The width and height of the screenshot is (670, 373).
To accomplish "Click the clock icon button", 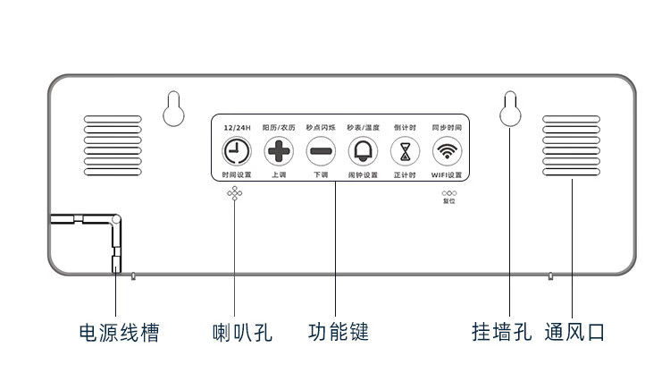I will [x=237, y=150].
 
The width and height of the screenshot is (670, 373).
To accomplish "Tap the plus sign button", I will [x=279, y=150].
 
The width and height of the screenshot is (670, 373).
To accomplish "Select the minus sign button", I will [x=321, y=150].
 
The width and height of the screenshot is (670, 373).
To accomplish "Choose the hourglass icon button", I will [x=405, y=150].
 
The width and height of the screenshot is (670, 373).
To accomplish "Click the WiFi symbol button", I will [x=447, y=150].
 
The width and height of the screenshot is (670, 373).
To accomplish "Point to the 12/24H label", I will [x=237, y=129].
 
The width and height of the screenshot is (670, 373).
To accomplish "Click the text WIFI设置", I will [x=447, y=174].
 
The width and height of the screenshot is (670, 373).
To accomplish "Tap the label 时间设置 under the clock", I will [x=237, y=174].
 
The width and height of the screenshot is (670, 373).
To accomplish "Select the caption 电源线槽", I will [x=118, y=333].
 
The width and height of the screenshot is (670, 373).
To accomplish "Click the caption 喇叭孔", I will [x=242, y=333].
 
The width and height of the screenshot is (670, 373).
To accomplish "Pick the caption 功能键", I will [x=339, y=333].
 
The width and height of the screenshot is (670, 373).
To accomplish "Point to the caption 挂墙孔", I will [x=501, y=333].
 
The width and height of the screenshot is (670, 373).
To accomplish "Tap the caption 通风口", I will [x=574, y=333].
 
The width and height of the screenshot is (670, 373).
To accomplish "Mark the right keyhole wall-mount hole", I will [x=510, y=109].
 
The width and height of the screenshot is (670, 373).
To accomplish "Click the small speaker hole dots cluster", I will [x=235, y=193].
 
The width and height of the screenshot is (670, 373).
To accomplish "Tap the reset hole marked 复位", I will [x=448, y=192].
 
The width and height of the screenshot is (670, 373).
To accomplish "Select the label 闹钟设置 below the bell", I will [x=363, y=174].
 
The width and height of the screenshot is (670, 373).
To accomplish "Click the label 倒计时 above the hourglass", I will [x=405, y=129].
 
